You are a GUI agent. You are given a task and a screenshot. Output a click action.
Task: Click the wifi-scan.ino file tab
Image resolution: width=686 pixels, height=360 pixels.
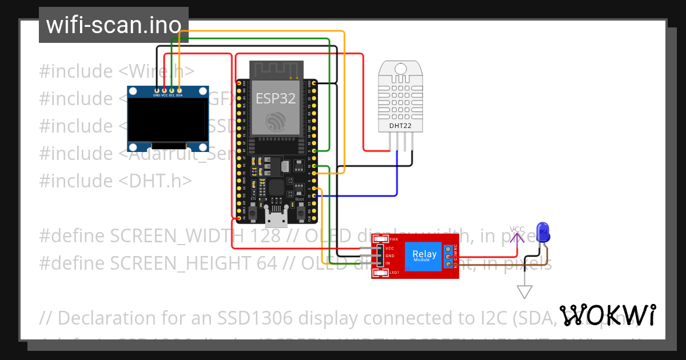[x=113, y=25]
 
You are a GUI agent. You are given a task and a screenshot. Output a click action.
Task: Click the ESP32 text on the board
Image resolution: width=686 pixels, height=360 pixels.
[x=276, y=98]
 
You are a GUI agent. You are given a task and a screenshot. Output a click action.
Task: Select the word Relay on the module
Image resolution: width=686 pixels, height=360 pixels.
[x=424, y=254]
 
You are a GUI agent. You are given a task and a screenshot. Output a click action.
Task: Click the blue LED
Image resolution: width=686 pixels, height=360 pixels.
[x=543, y=231]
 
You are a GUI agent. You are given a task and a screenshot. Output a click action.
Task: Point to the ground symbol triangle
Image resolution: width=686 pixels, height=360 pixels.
[x=524, y=291]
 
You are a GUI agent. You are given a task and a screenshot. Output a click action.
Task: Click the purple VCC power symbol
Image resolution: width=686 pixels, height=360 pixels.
[x=517, y=233]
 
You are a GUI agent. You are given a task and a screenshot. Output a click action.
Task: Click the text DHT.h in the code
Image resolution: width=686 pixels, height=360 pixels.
[x=155, y=181]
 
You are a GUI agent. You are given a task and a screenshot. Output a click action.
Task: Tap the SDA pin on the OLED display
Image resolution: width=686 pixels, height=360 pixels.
[x=180, y=90]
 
